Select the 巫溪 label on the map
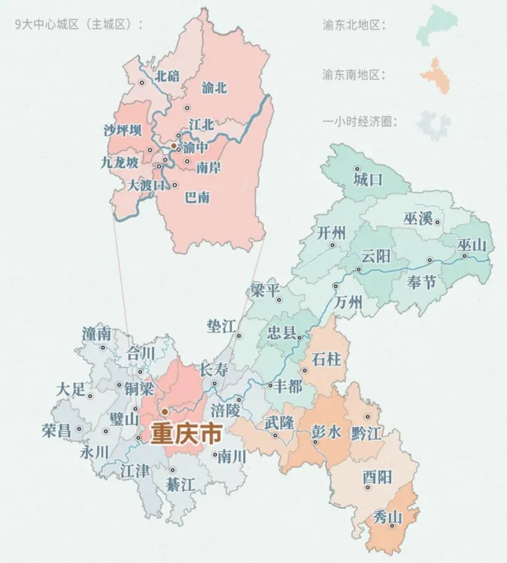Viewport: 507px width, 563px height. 419,218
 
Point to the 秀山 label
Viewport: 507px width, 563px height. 387,517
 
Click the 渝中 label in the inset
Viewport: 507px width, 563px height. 195,148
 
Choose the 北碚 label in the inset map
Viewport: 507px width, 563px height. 168,75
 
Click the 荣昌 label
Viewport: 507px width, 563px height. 57,430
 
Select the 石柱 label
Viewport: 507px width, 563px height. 326,360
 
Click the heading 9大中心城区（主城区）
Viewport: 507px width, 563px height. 78,25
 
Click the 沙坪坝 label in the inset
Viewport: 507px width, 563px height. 123,131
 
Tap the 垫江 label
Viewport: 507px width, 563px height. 222,325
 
